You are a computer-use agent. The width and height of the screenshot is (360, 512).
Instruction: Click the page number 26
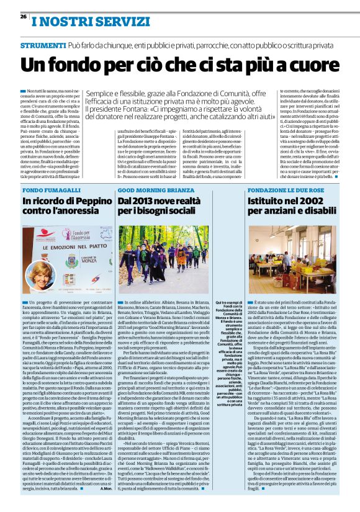pos(16,17)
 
